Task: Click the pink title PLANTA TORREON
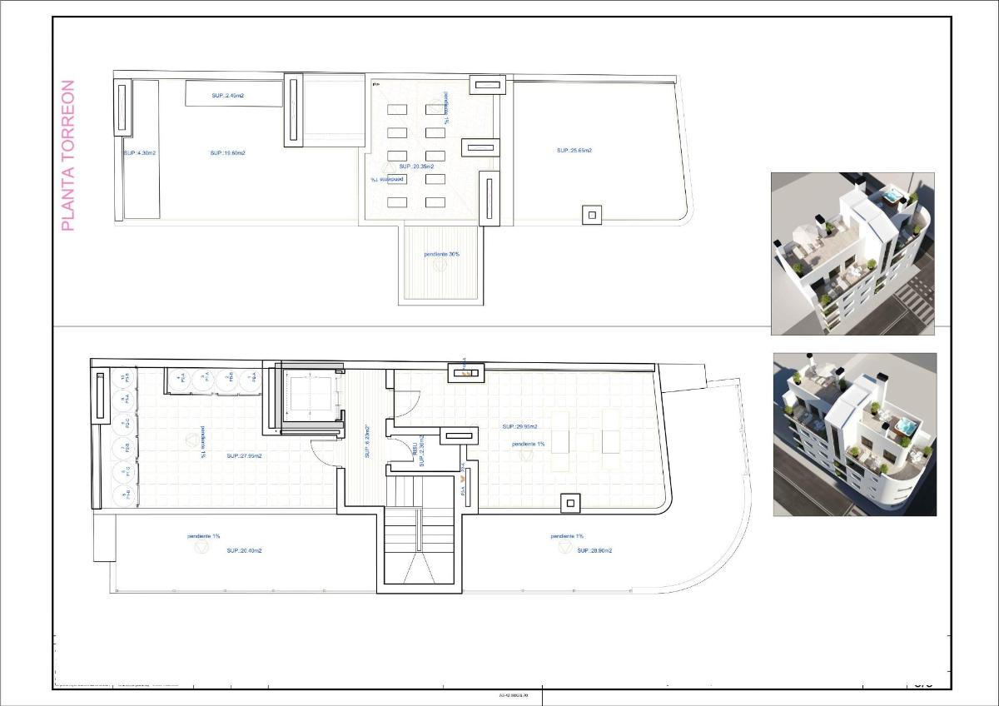pos(68,155)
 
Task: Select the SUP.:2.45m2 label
pos(227,96)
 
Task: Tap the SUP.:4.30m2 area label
pos(139,153)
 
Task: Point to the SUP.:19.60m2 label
pos(227,153)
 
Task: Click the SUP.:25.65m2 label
pos(574,151)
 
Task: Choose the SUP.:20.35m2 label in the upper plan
pos(416,167)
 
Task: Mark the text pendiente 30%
pos(441,254)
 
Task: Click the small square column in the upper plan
pos(592,215)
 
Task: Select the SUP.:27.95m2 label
pos(244,455)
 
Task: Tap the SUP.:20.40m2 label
pos(244,550)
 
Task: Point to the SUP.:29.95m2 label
pos(519,426)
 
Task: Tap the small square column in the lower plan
pos(569,503)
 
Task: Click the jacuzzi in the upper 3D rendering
pos(891,197)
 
